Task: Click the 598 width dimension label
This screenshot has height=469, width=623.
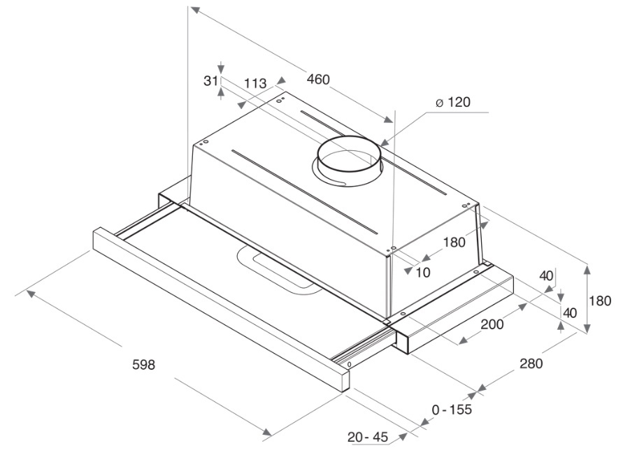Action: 143,365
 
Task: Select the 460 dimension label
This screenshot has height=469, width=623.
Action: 318,80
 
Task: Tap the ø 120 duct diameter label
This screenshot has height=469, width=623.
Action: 452,103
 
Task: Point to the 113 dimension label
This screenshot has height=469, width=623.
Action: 255,83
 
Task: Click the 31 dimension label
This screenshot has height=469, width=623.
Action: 211,80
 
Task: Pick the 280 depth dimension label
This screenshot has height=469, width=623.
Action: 531,363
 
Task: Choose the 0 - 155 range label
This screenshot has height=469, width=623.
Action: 452,409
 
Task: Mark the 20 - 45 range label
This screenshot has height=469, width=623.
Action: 368,437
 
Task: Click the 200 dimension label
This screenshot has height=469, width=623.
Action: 492,324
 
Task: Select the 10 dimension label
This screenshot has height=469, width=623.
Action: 424,273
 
